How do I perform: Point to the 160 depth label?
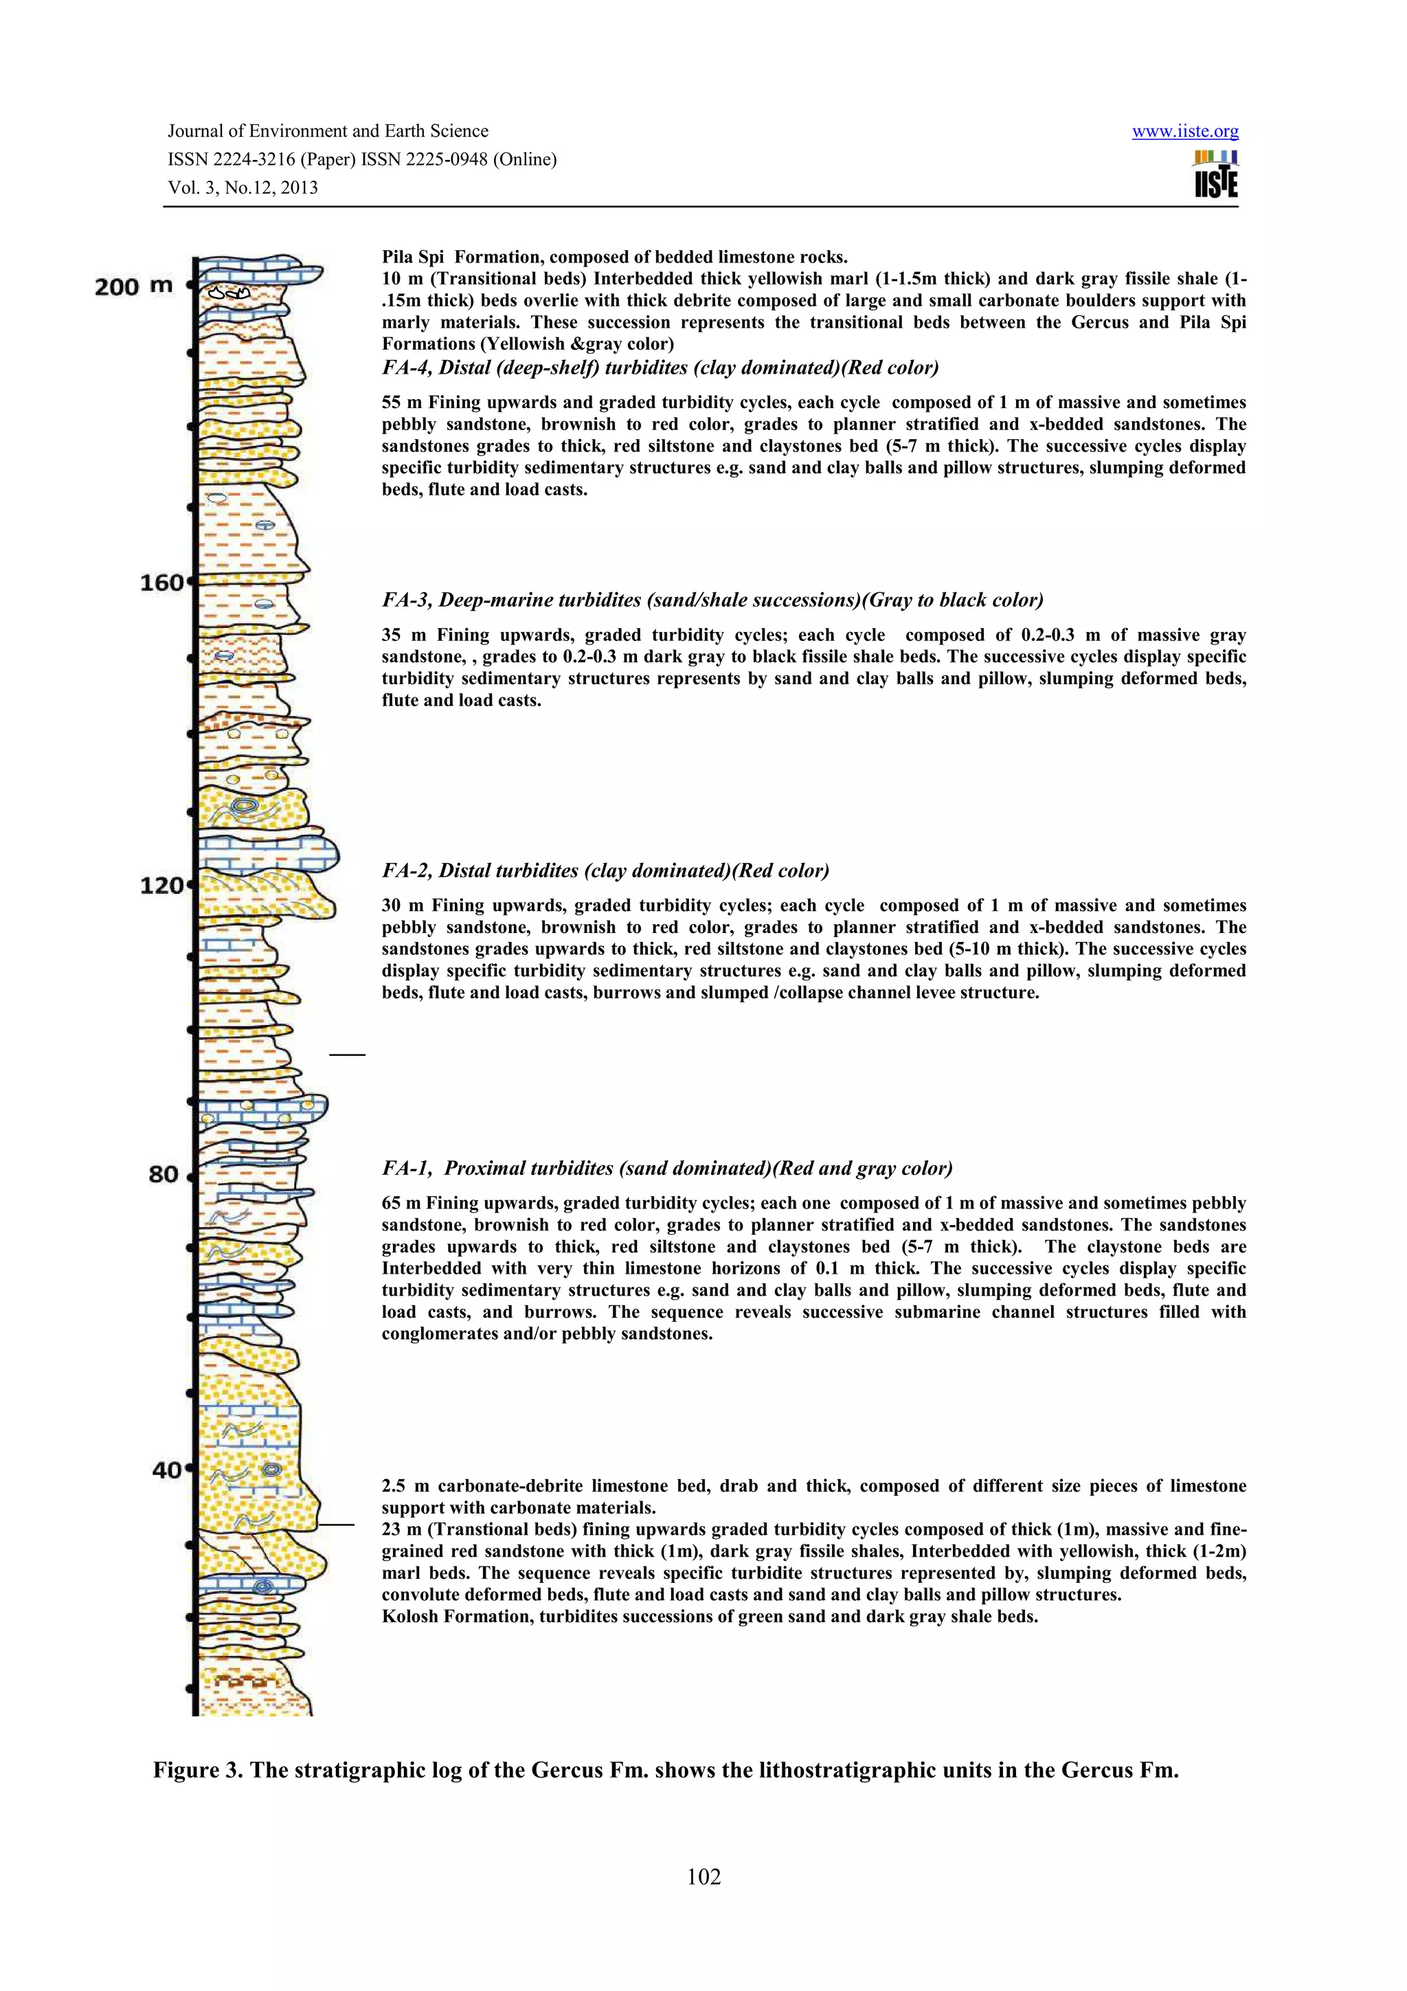pyautogui.click(x=162, y=583)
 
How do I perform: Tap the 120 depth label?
pyautogui.click(x=162, y=886)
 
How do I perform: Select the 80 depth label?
pyautogui.click(x=164, y=1174)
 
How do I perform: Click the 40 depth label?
pyautogui.click(x=166, y=1470)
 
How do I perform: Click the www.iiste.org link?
pyautogui.click(x=1184, y=132)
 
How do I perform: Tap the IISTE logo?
pyautogui.click(x=1215, y=175)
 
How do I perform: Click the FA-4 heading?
pyautogui.click(x=660, y=368)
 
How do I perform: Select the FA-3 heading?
pyautogui.click(x=712, y=600)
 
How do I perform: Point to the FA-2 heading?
pyautogui.click(x=605, y=870)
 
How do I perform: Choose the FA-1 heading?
pyautogui.click(x=666, y=1168)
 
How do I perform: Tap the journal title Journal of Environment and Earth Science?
pyautogui.click(x=328, y=131)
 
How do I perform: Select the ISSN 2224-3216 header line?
pyautogui.click(x=361, y=159)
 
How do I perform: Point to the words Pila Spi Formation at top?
pyautogui.click(x=464, y=257)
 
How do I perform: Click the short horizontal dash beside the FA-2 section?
pyautogui.click(x=347, y=1055)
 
